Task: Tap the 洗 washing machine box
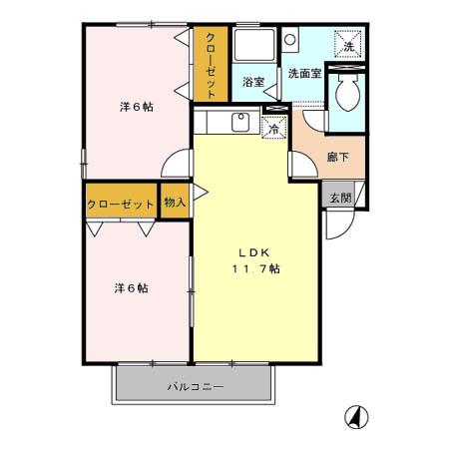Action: pos(349,47)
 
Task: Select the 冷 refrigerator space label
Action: pos(272,128)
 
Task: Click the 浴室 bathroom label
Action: pos(253,84)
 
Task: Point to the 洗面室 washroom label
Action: pos(304,74)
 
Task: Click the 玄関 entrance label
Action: pos(340,197)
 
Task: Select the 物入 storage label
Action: pos(175,203)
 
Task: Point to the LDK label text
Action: pos(249,251)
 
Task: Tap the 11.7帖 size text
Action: pos(256,269)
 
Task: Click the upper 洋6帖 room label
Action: pos(135,106)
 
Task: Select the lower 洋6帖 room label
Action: pos(131,288)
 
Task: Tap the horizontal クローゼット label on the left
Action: pos(121,204)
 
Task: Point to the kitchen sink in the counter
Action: pos(239,123)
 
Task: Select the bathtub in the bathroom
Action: pos(254,47)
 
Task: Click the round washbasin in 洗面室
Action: pos(289,41)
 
